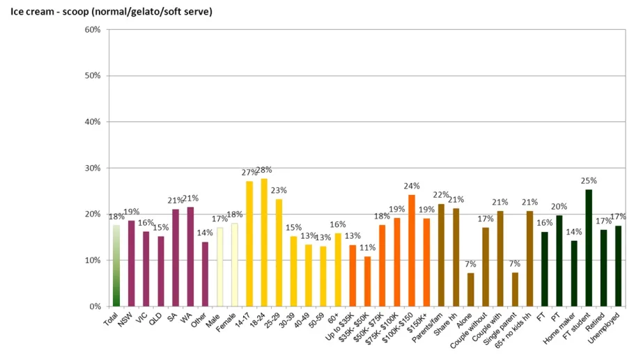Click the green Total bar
point(116,265)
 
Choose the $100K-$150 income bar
point(412,251)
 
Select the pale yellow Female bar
point(235,265)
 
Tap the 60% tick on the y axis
point(93,30)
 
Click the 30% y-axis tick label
point(93,168)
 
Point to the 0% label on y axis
point(95,306)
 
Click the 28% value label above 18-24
point(264,170)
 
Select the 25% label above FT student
point(589,181)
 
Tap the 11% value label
point(367,247)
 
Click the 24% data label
point(412,186)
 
